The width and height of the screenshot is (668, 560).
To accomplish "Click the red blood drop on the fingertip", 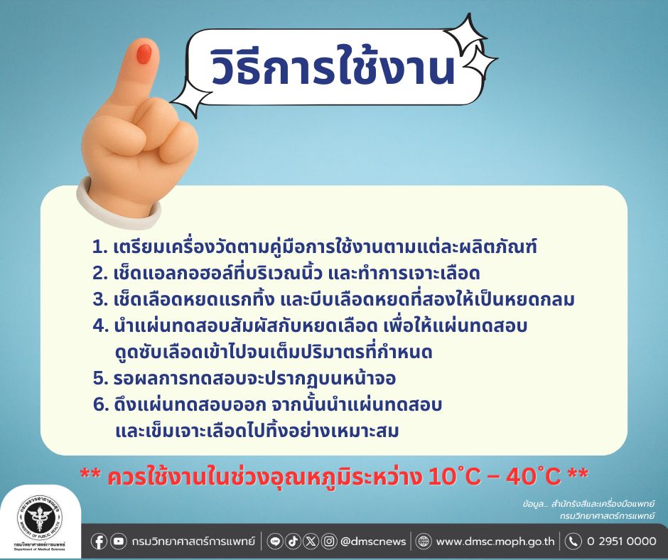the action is pyautogui.click(x=145, y=53).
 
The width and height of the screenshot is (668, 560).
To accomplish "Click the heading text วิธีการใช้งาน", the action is pyautogui.click(x=333, y=68).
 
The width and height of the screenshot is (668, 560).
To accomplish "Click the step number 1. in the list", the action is pyautogui.click(x=100, y=247).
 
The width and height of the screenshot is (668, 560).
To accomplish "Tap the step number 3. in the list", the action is pyautogui.click(x=100, y=300).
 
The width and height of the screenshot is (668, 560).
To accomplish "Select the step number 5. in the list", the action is pyautogui.click(x=100, y=378).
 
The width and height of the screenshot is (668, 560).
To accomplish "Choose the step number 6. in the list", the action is pyautogui.click(x=101, y=404).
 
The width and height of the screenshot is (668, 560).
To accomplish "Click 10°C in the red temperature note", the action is pyautogui.click(x=455, y=476).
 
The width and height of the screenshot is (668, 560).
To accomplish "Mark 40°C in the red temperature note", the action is pyautogui.click(x=534, y=476).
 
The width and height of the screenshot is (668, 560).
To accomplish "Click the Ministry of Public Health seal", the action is pyautogui.click(x=40, y=517).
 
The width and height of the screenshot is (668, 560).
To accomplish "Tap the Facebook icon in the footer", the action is pyautogui.click(x=99, y=542).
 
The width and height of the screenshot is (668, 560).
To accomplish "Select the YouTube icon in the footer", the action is pyautogui.click(x=119, y=542).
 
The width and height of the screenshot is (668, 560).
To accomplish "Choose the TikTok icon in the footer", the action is pyautogui.click(x=293, y=542).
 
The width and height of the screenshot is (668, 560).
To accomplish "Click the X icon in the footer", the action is pyautogui.click(x=311, y=542).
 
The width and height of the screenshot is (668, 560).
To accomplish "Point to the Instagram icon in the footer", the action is pyautogui.click(x=329, y=542).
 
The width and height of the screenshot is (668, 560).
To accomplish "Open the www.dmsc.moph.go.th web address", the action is pyautogui.click(x=495, y=542).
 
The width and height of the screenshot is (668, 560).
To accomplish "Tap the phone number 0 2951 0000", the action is pyautogui.click(x=622, y=542).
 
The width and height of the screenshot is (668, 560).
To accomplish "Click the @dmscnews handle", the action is pyautogui.click(x=373, y=542).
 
